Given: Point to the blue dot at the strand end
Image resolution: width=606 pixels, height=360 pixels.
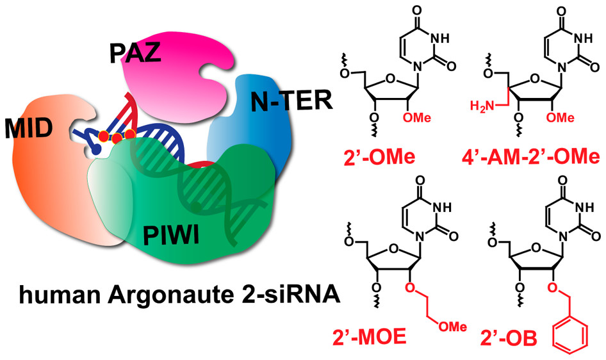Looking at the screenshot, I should point(96,149).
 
